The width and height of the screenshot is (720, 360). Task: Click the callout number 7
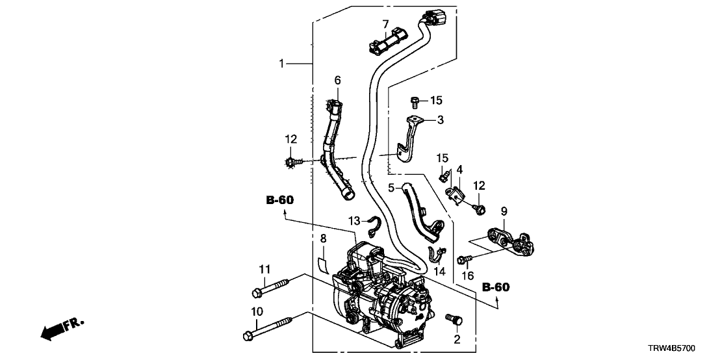(x=385, y=25)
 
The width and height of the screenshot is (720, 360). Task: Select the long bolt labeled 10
(x=269, y=328)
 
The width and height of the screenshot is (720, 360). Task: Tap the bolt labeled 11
(x=276, y=287)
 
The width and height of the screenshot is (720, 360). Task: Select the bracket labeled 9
(x=512, y=241)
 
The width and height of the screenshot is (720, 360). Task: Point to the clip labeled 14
(x=436, y=253)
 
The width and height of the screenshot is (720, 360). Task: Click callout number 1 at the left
(x=281, y=64)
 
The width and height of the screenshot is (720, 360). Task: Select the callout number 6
(x=337, y=80)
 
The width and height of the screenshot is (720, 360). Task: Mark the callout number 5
(x=392, y=188)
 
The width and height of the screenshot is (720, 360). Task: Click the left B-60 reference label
(x=279, y=200)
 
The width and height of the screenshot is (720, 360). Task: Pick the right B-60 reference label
(x=496, y=287)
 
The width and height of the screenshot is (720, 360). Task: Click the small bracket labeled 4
(x=459, y=194)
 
